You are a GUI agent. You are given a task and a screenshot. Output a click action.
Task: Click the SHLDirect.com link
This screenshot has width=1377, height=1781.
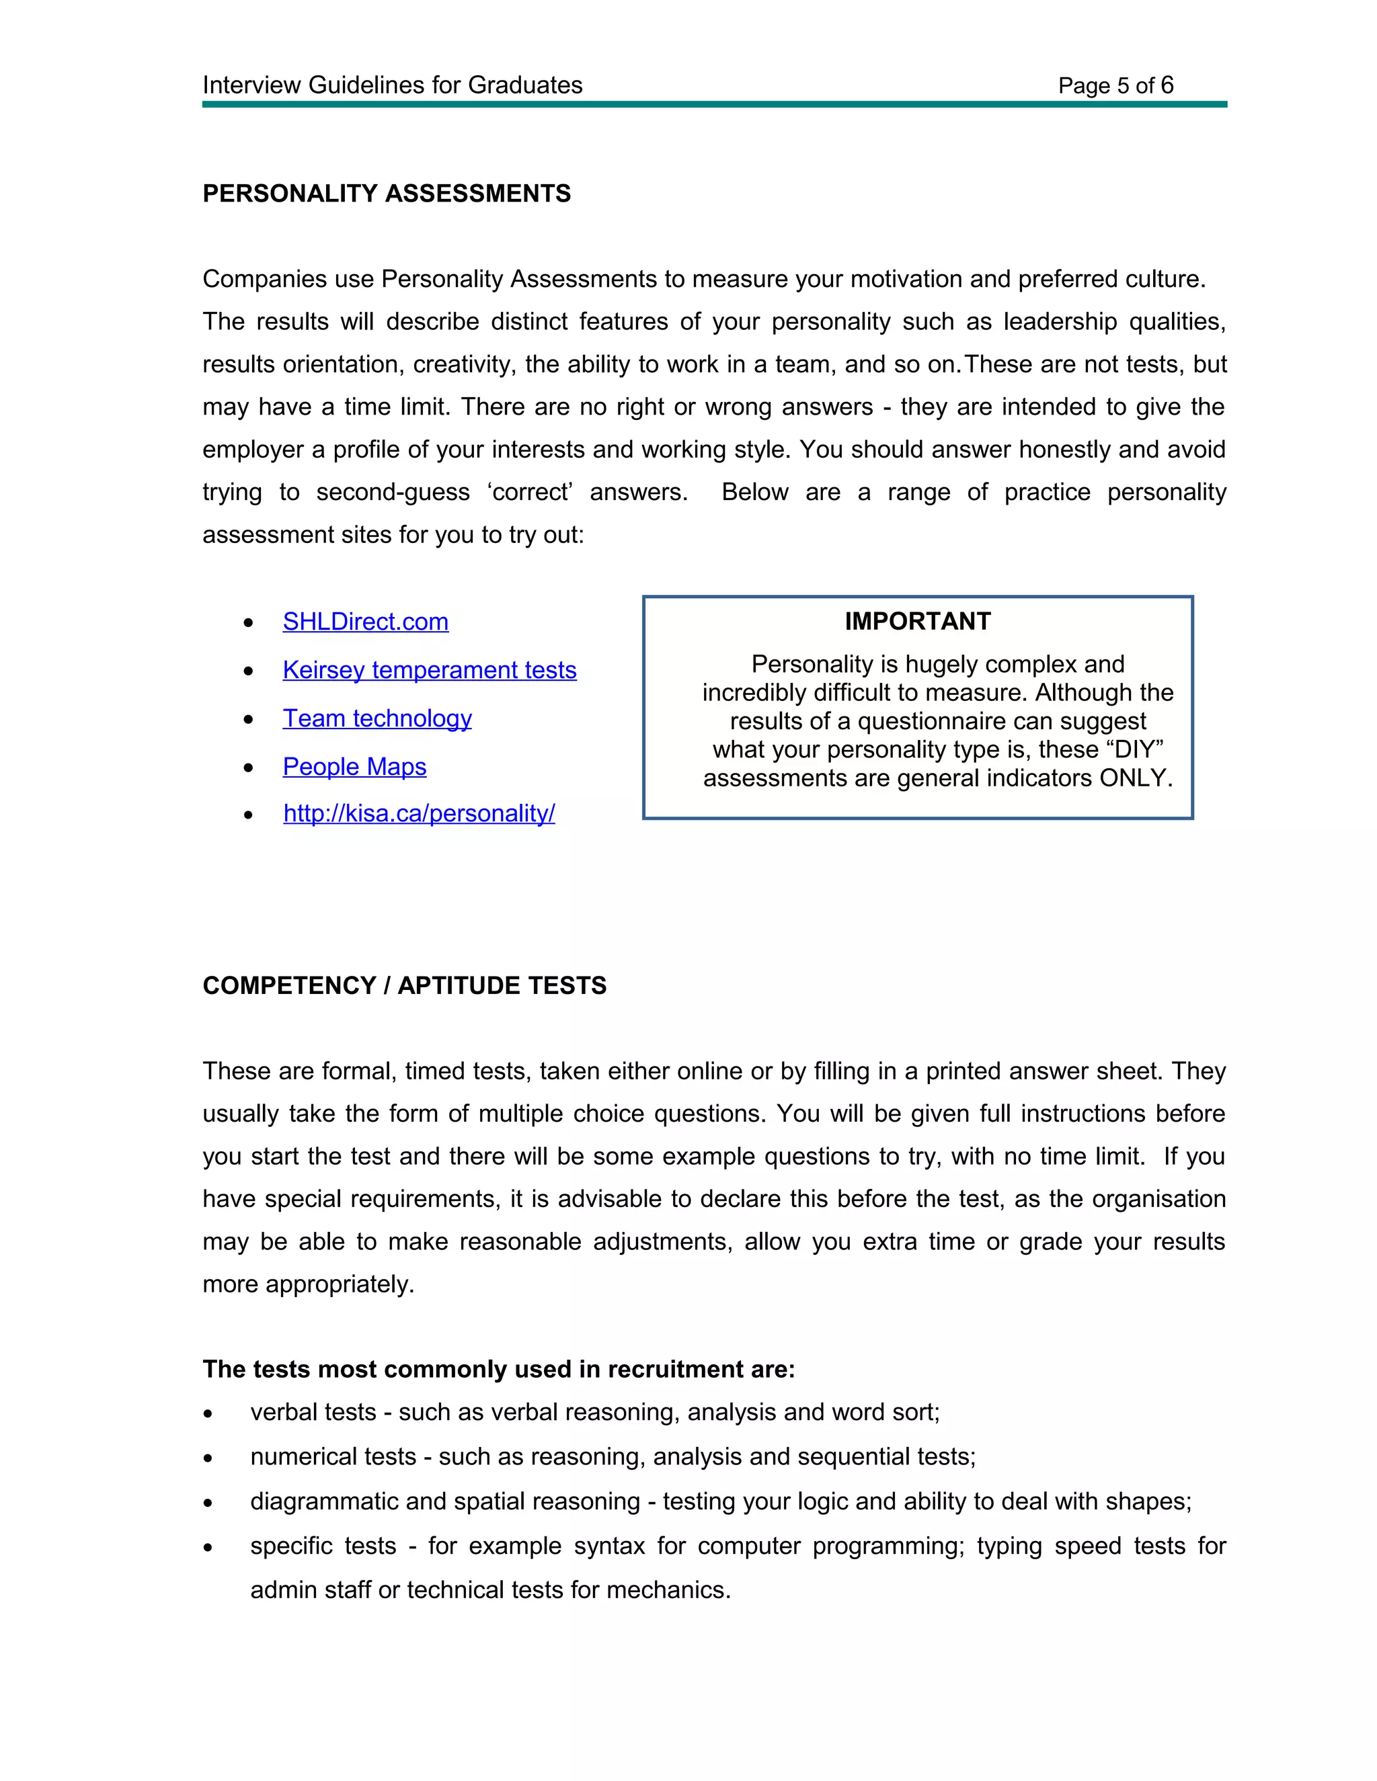click(366, 622)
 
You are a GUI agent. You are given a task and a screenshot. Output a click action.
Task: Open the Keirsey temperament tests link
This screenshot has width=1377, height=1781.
click(429, 669)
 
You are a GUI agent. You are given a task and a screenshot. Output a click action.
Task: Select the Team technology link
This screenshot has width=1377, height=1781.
click(377, 718)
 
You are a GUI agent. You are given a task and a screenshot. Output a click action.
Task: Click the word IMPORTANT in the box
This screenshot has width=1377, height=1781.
click(917, 622)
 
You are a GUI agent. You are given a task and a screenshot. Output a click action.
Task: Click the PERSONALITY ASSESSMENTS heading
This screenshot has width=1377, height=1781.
click(387, 194)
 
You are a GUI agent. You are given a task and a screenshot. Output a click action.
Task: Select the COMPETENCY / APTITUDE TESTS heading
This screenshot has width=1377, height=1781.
click(404, 985)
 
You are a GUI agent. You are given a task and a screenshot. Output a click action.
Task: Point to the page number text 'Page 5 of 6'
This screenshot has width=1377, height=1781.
click(1115, 85)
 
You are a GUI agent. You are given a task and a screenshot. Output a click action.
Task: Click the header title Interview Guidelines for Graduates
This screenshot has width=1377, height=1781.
click(393, 85)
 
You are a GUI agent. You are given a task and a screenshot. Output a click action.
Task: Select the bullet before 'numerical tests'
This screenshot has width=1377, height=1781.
click(209, 1458)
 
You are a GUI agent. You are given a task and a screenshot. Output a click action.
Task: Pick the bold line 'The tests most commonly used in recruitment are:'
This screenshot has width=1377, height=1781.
click(498, 1369)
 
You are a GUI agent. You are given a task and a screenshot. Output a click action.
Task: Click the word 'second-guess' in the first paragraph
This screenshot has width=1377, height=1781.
click(393, 493)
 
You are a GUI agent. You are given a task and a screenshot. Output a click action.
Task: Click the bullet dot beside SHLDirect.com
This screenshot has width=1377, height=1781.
click(249, 623)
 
